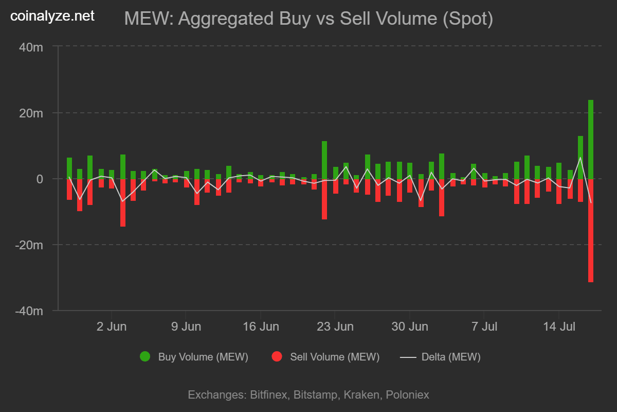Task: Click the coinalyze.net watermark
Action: coord(52,16)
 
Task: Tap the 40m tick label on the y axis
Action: coord(30,47)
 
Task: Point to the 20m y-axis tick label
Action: coord(30,113)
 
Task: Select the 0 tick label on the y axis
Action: coord(39,179)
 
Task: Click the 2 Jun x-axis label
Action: coord(112,327)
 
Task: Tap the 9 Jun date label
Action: coord(186,327)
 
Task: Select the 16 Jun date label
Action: coord(261,327)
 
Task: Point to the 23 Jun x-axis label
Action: coord(335,327)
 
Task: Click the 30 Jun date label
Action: coord(410,327)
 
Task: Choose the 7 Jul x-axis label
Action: coord(484,327)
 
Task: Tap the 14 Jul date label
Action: coord(559,327)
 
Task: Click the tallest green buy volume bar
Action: coord(591,139)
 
